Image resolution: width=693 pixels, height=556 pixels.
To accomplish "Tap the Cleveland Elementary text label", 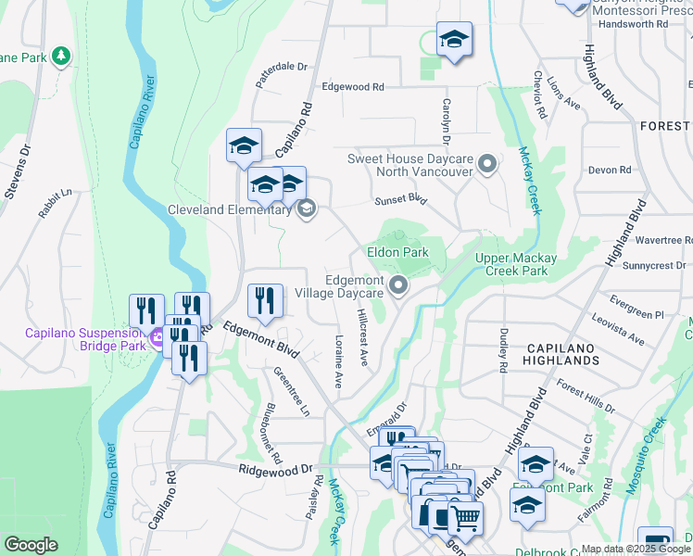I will coord(227,209).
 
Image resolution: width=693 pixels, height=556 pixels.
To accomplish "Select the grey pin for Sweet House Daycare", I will coord(488,167).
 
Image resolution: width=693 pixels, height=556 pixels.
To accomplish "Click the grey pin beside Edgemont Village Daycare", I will coord(398,286).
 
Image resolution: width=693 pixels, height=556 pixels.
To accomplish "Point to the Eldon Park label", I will coord(397,252).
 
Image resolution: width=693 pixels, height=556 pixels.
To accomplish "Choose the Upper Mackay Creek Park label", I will coord(524,264).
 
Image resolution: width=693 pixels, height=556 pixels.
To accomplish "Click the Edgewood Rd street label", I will coord(352,87).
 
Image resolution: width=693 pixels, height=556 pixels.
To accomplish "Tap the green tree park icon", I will coord(61,57).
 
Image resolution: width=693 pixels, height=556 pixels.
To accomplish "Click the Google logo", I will coord(31,545).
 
